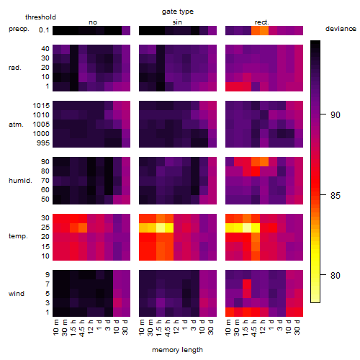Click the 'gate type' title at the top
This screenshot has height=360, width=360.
178,12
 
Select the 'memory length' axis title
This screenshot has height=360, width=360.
177,350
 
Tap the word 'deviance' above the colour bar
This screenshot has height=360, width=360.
341,29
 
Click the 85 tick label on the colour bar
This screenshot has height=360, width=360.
336,196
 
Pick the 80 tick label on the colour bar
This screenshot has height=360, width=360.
336,276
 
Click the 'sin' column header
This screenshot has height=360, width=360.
177,22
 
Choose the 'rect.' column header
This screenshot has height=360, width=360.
262,22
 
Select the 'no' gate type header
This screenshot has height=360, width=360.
93,22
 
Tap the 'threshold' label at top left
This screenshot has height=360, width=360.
40,17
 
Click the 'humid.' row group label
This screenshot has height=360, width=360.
20,181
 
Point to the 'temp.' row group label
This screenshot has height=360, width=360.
18,236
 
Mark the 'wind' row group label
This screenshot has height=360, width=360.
17,294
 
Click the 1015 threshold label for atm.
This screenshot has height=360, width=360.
41,106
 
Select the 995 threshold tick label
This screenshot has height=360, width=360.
43,143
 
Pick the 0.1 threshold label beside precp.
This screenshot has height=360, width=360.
44,30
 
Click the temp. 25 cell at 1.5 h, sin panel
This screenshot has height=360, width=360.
161,228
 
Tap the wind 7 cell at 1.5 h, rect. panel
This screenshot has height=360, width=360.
247,284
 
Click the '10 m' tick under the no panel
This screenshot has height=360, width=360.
56,327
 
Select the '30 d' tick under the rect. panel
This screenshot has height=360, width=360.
297,327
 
